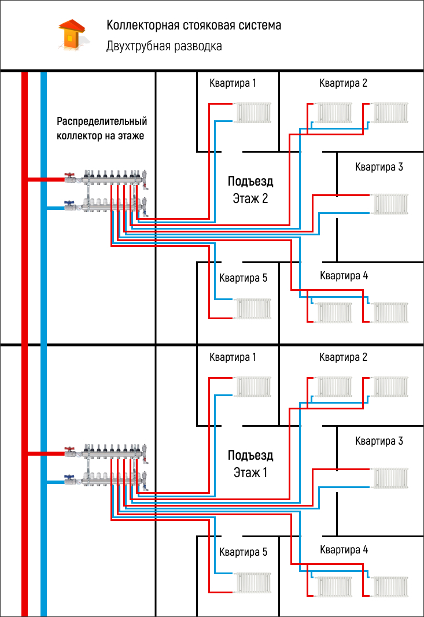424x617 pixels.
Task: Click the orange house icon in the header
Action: (x=71, y=34)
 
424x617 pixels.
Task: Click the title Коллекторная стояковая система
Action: (x=193, y=26)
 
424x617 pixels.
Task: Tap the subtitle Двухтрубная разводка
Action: (x=164, y=46)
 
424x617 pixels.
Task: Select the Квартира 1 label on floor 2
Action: (x=233, y=83)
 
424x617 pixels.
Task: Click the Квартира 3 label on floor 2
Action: (x=379, y=168)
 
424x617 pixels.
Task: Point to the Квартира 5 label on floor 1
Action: (x=243, y=552)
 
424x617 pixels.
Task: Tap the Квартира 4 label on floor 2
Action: (x=344, y=276)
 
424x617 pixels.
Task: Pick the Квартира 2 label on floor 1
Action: (x=344, y=357)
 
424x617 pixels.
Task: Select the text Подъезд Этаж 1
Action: (x=250, y=464)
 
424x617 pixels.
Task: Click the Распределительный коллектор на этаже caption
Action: (x=102, y=129)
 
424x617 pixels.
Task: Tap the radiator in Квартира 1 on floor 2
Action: (x=253, y=112)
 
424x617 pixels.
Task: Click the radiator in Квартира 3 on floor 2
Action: (x=391, y=204)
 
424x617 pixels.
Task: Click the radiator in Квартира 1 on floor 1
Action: (x=253, y=386)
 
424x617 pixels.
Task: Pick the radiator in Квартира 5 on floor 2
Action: (x=253, y=309)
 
